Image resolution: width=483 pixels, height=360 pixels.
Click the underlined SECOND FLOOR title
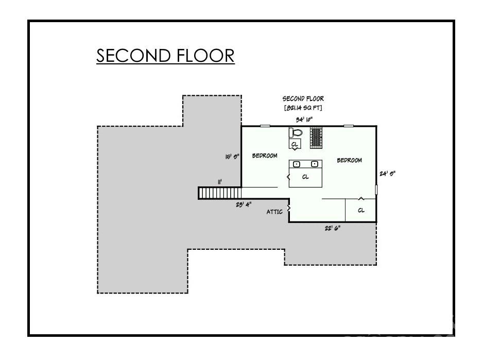point(165,55)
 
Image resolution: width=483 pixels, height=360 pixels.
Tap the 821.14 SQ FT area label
point(303,108)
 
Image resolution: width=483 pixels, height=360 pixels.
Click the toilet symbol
point(297,132)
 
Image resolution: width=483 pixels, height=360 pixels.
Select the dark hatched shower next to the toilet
point(315,136)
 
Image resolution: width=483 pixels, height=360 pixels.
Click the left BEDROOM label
point(265,156)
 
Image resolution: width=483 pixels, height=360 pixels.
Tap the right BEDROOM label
point(349,160)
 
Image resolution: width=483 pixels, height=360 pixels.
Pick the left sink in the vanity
point(297,164)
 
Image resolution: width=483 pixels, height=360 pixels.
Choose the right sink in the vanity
point(314,164)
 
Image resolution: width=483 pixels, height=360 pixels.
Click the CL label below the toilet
point(294,145)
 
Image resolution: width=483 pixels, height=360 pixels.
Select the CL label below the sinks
point(305,177)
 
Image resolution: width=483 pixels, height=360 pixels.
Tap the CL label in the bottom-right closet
point(361,210)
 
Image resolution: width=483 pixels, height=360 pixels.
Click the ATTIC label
point(274,212)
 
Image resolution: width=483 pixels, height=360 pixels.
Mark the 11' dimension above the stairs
point(220,181)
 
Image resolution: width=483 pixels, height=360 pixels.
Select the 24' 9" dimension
point(387,174)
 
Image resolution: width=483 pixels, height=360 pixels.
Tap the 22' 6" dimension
point(332,228)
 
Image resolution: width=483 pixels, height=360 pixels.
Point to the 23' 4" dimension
point(244,204)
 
